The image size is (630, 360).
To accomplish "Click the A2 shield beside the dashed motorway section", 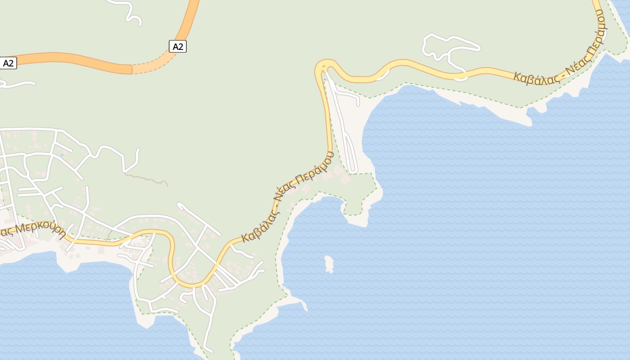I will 178,46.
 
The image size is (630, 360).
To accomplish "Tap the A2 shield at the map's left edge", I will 9,63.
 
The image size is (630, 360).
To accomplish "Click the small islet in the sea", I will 329,264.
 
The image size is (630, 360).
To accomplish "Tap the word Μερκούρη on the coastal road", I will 40,227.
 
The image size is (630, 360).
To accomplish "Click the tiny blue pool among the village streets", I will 62,155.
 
